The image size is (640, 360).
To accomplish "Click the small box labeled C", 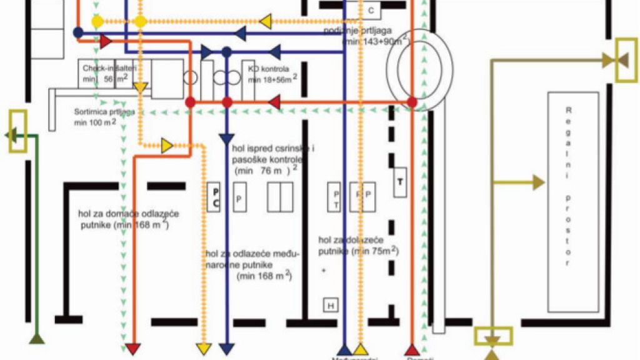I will pos(371,11).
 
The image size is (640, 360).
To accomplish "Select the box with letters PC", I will pos(214,197).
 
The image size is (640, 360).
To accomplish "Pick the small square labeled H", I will pos(330,304).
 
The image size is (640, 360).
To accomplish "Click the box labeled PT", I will pos(336,198).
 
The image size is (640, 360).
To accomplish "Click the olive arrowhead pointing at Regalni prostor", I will pos(538,182).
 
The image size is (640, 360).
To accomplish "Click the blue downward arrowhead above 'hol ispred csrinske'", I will pos(226,139).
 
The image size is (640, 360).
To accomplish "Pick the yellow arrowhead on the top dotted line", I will pos(265,22).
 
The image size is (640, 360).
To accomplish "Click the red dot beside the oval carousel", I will pos(411,101).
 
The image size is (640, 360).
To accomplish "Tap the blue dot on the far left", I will pos(78,32).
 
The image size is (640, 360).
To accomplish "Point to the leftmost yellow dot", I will pos(96,22).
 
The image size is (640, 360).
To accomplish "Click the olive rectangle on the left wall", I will pos(17,131).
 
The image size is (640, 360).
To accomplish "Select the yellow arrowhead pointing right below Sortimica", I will pos(167,145).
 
